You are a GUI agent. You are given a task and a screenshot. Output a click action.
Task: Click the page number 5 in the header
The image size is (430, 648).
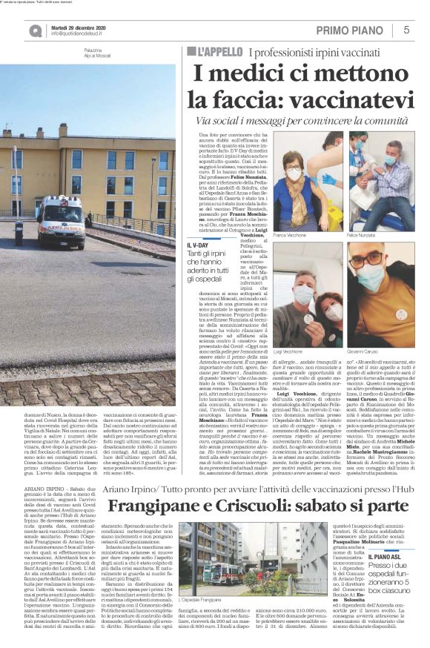(x=407, y=30)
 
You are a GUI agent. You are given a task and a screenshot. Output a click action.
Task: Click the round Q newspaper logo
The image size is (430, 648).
(x=36, y=30)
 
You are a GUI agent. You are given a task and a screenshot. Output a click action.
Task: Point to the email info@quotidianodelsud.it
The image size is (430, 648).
(x=86, y=34)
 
